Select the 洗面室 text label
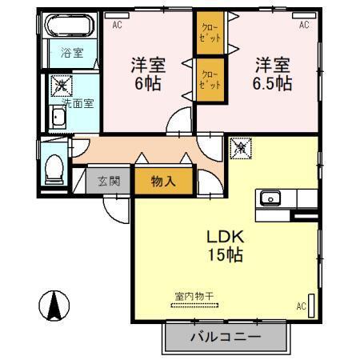78,102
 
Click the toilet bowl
55,168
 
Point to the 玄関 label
109,181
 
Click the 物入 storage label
163,182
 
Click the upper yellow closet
209,36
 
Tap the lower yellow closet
209,80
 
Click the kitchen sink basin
269,198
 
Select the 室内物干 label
194,296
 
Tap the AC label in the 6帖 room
118,25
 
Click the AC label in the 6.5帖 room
304,25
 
